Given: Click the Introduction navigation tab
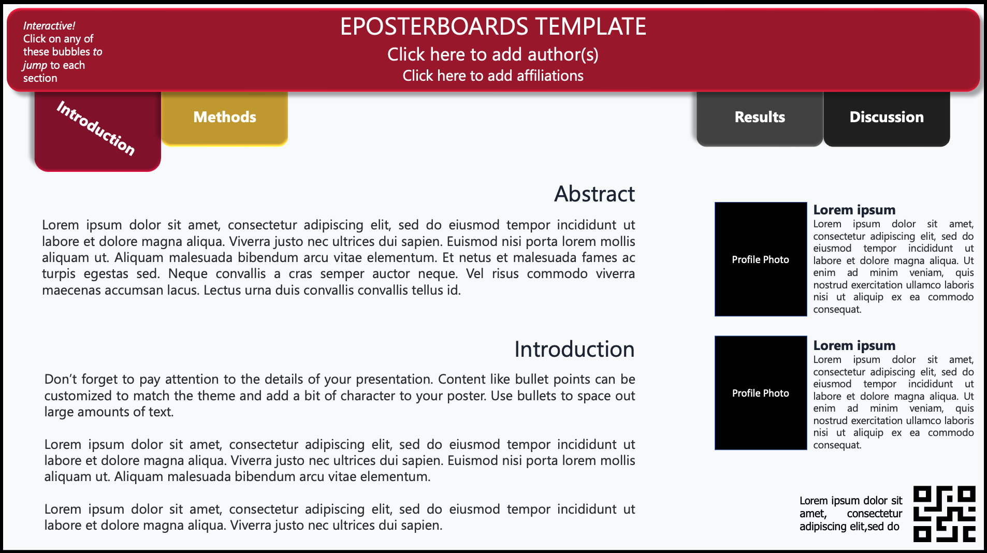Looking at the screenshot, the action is coord(97,131).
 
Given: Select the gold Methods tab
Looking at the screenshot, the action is coord(225,118).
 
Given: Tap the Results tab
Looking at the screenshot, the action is coord(760,118).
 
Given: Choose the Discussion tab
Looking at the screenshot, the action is coord(887,118).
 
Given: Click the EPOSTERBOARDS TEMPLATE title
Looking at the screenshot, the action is coord(493,26).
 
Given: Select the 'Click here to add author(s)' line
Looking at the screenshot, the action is coord(493,54).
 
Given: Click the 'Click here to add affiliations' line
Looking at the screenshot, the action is coord(493,76).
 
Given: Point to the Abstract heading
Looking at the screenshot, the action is coord(594,194).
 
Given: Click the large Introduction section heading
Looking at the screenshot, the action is coord(574,349).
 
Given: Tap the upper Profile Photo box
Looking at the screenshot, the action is coord(761,259).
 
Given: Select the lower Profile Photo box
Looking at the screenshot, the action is coord(761,393).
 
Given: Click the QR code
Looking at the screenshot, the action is coord(945,514).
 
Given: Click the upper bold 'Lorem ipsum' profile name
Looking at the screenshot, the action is coord(854,210).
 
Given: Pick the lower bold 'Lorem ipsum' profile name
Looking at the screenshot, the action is coord(854,345).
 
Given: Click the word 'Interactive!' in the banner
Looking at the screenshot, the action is coord(49,26).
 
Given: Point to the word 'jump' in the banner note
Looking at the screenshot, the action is coord(35,66).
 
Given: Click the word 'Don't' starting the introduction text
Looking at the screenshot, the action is coord(61,379).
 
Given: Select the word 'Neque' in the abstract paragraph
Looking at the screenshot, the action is coord(187,273).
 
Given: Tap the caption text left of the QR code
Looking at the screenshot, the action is coord(851,514).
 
